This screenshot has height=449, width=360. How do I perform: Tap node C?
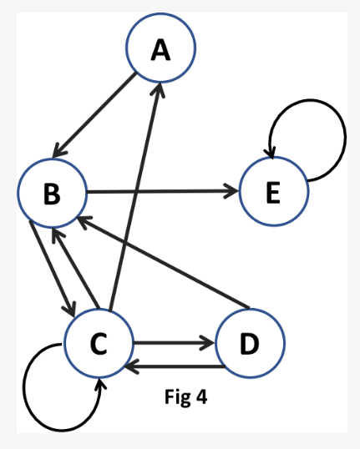coord(99,342)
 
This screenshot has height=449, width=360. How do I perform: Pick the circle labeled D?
coord(250,342)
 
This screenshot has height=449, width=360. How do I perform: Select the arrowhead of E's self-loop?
coord(269,151)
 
